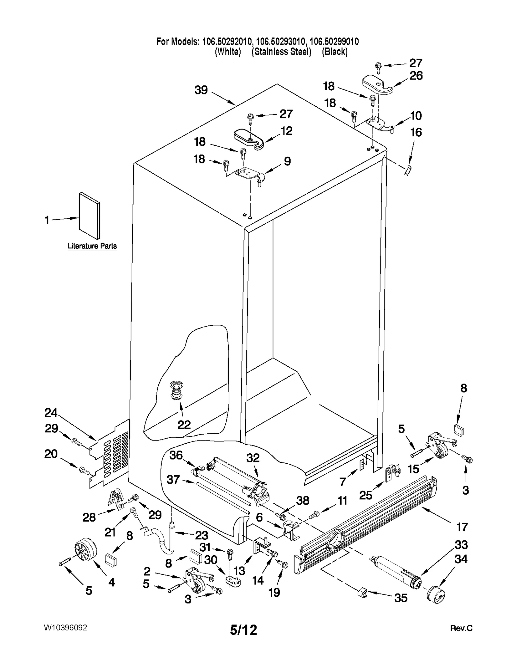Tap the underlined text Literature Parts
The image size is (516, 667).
pos(92,246)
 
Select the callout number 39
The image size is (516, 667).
pos(201,90)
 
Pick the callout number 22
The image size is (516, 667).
pos(184,425)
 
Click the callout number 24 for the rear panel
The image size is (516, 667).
pos(51,413)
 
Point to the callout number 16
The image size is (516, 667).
pos(416,132)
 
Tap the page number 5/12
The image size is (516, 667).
pos(243,630)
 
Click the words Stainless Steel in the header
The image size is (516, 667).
pos(281,52)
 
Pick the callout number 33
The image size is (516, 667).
pos(461,545)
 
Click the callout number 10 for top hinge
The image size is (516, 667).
pos(416,115)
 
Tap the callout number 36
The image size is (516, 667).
pos(176,455)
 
